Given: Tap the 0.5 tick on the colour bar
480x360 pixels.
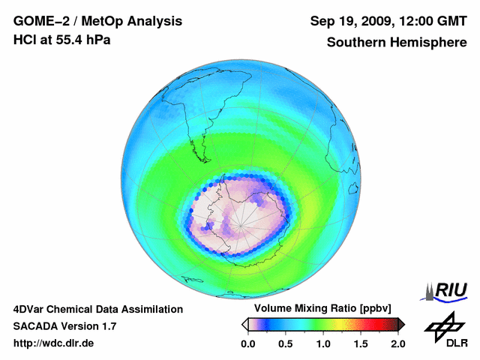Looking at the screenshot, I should [x=285, y=343].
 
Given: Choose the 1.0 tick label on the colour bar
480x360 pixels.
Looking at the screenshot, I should [x=322, y=343].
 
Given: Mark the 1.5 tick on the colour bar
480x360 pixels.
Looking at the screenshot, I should [x=360, y=343].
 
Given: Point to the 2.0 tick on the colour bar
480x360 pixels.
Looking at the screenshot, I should [x=397, y=343].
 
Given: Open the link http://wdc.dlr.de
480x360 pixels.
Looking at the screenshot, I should [x=53, y=343].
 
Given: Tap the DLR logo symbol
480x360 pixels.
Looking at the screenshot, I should [x=442, y=326].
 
